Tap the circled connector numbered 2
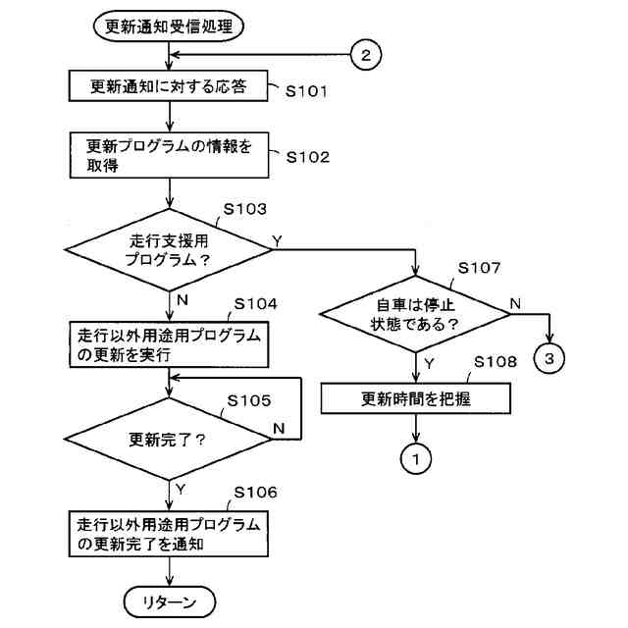(366, 56)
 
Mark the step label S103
(245, 209)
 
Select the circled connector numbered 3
(549, 358)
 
